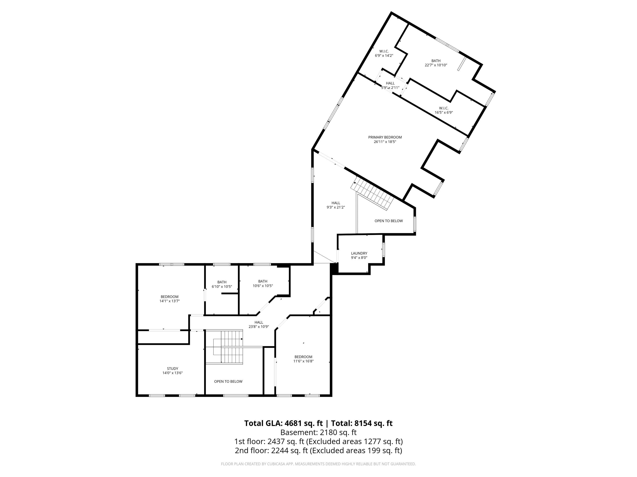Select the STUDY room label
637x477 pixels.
173,369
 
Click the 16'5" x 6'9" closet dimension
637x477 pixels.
444,113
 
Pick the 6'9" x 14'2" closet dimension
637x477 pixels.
384,56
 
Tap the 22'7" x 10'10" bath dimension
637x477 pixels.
436,65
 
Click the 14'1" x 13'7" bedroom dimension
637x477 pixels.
170,301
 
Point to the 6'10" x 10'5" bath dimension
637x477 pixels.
222,287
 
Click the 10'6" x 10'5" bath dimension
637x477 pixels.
263,286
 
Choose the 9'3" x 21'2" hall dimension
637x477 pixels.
336,207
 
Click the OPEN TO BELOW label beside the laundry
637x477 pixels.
388,221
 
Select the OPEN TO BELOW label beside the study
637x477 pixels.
228,382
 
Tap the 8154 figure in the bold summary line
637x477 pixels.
363,423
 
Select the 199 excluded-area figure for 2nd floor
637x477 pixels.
372,450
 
